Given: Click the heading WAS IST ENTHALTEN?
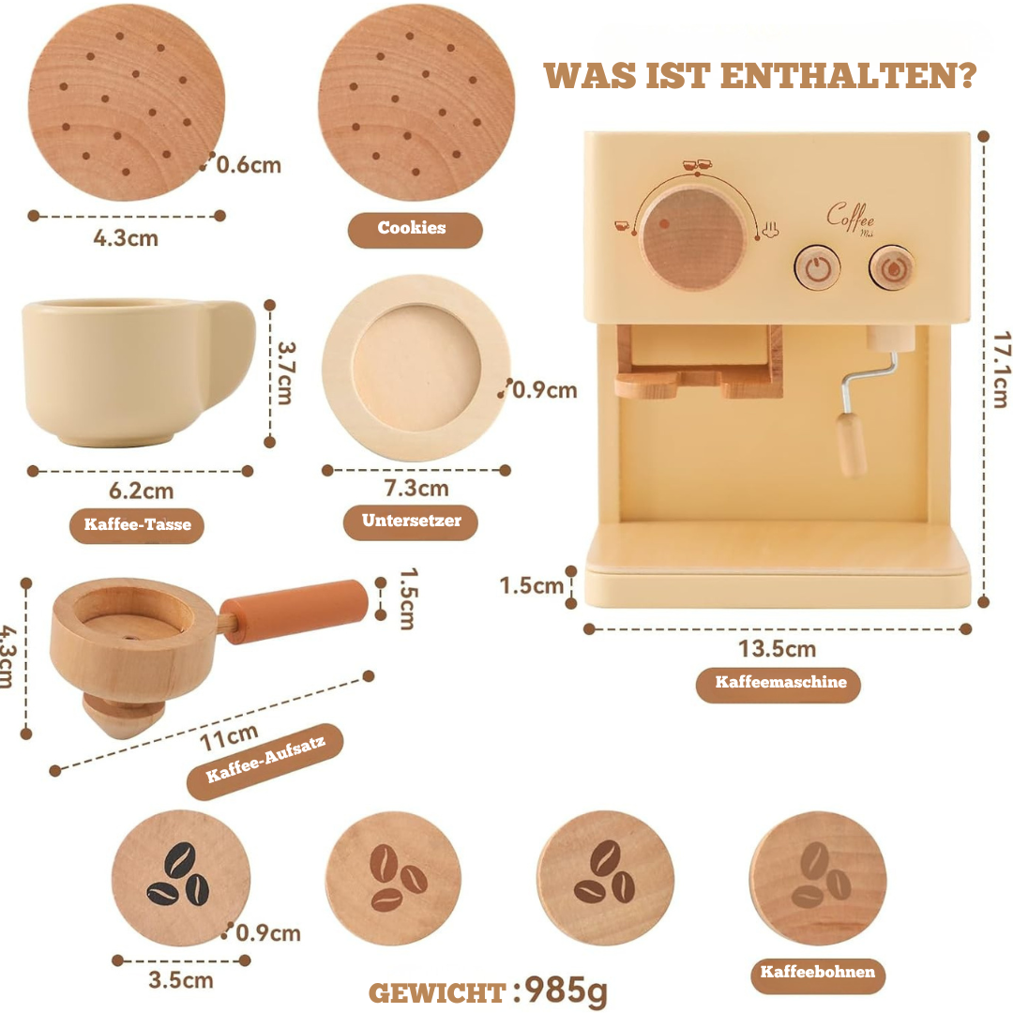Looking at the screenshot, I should tap(760, 75).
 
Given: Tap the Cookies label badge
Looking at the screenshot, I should tap(413, 228).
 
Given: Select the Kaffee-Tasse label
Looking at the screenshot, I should tap(137, 524).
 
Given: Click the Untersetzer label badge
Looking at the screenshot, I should tap(411, 521).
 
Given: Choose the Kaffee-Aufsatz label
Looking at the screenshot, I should tap(265, 761).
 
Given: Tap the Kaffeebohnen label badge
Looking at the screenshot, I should tap(817, 972).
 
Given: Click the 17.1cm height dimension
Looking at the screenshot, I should tap(998, 370).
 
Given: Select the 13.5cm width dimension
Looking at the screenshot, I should tap(777, 649).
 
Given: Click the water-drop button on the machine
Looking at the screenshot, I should tap(891, 268).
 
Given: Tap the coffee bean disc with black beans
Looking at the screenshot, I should tap(180, 877).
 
